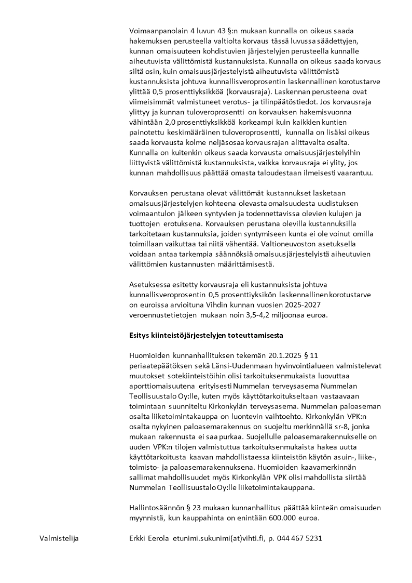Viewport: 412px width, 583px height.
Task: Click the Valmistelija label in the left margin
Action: point(59,538)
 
